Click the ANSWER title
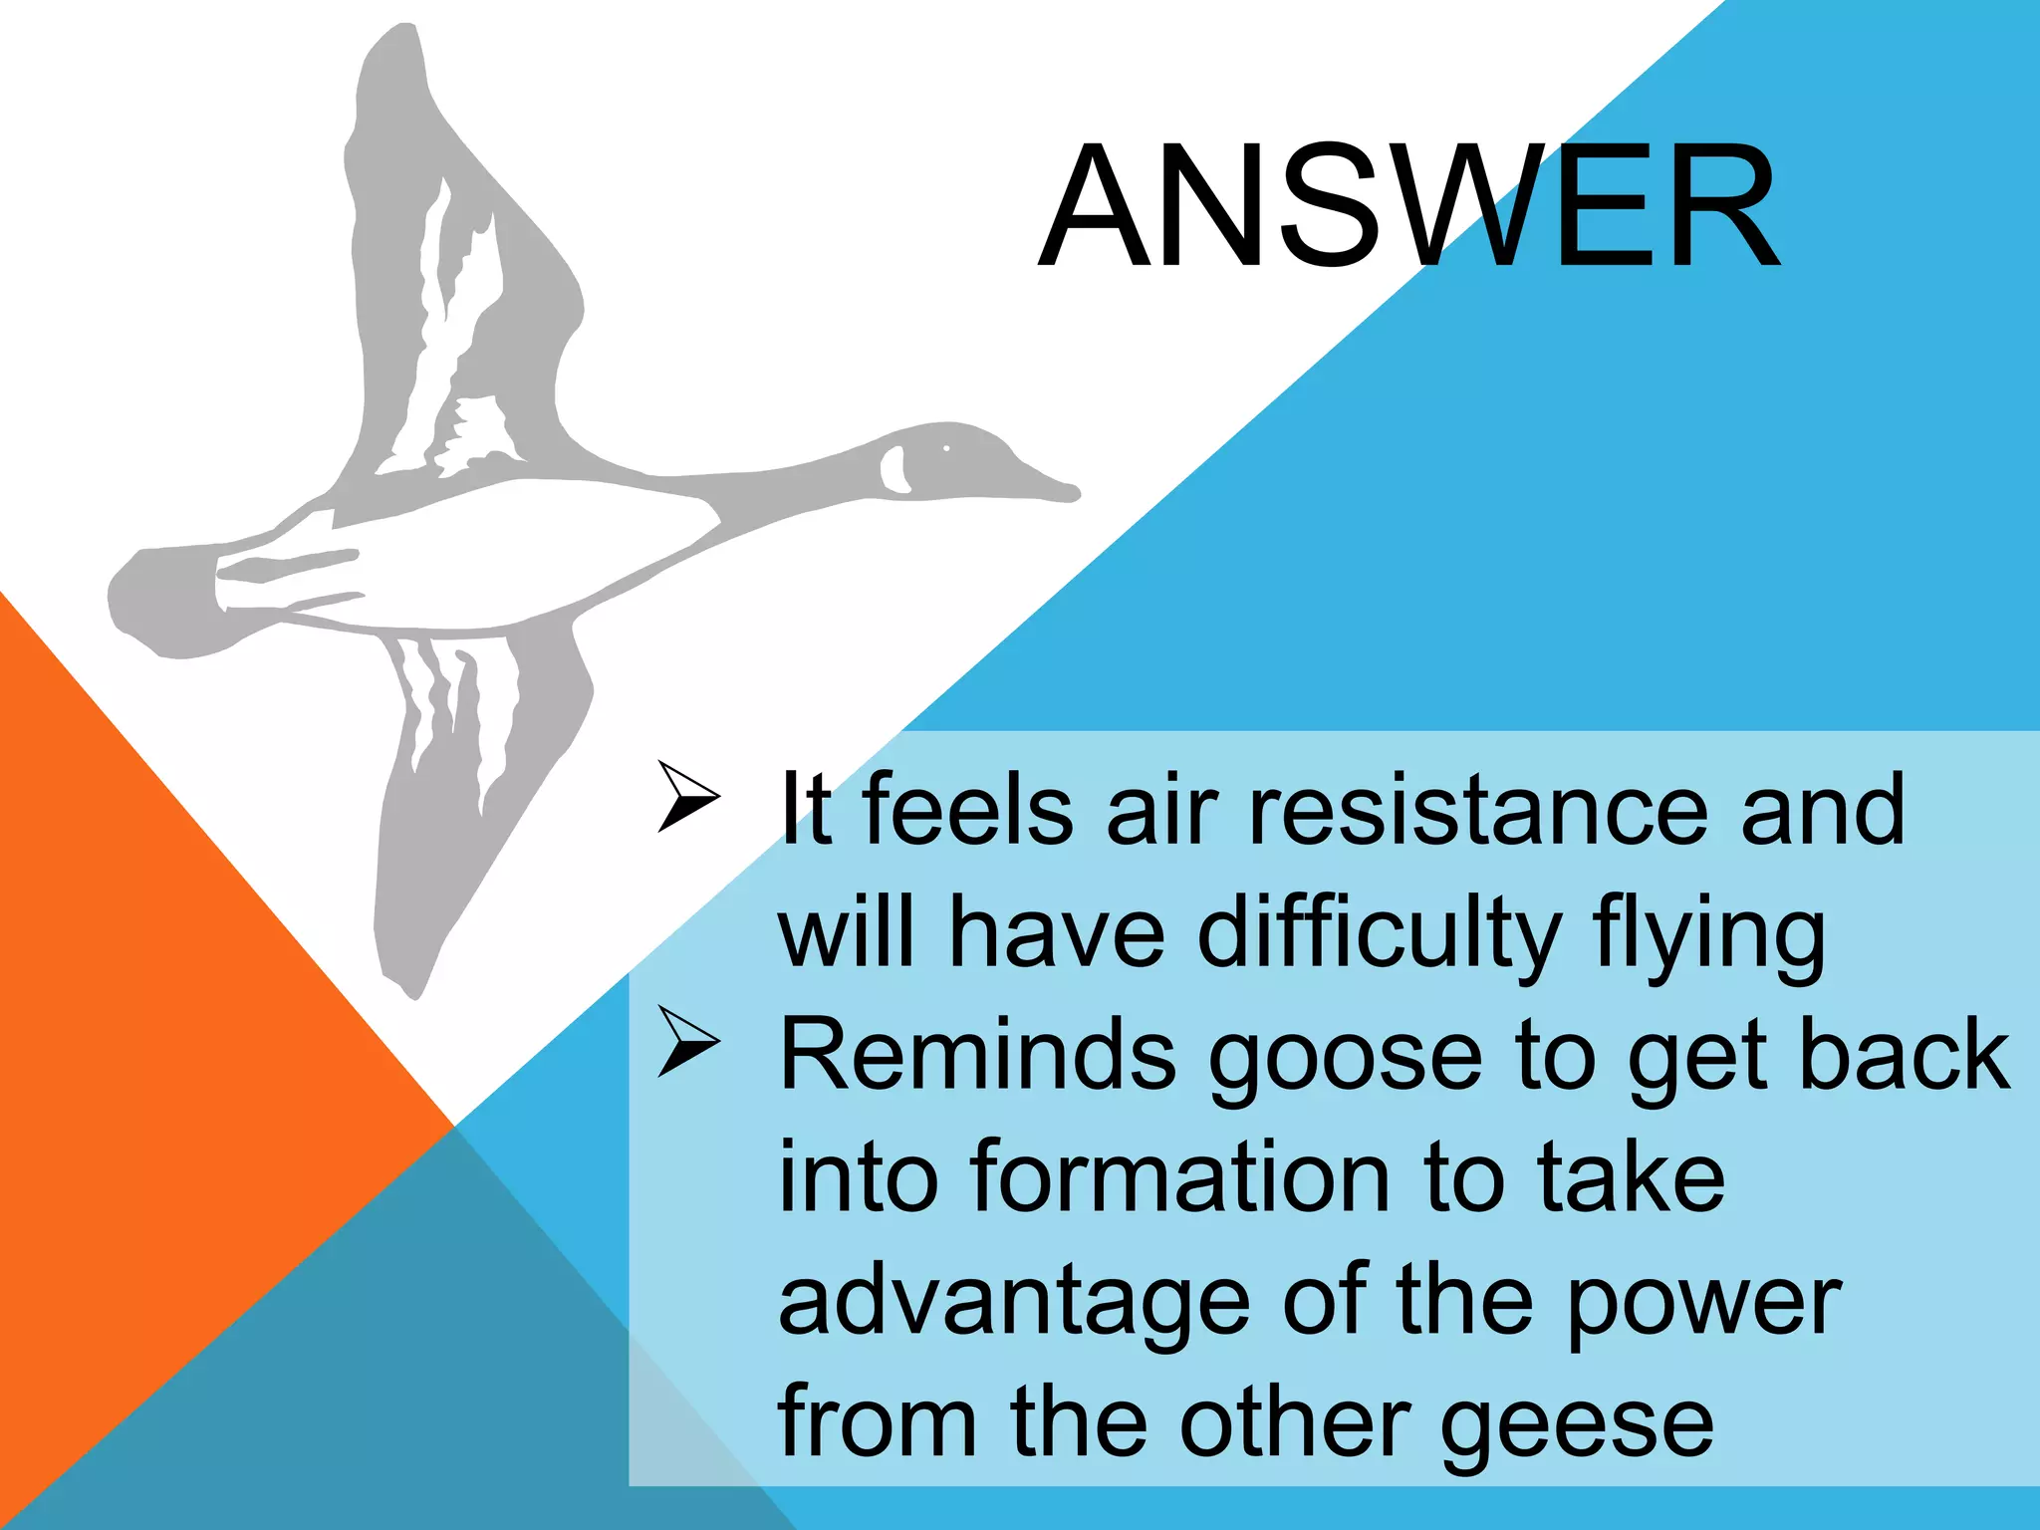pos(1408,207)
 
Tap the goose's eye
pos(946,449)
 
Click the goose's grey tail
pos(159,603)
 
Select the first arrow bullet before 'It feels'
pos(687,797)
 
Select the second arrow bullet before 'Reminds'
pos(687,1042)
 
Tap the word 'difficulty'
pos(1379,932)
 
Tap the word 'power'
pos(1703,1305)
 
